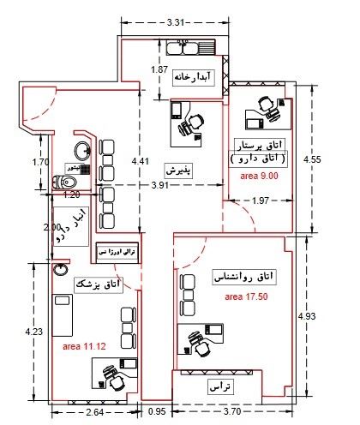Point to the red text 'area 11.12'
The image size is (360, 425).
84,346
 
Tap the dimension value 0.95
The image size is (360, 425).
157,412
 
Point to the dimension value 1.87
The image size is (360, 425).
159,69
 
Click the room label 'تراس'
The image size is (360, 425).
221,387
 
